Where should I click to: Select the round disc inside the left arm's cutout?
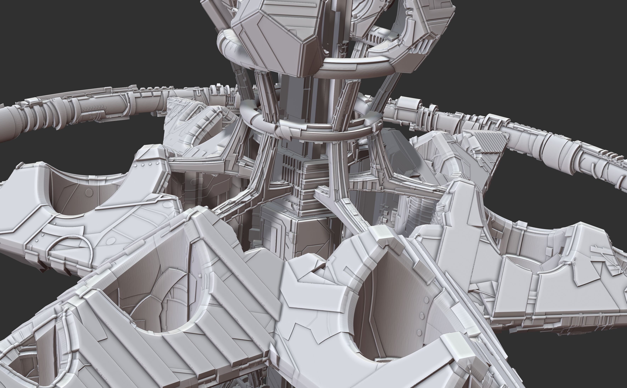click(89, 192)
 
